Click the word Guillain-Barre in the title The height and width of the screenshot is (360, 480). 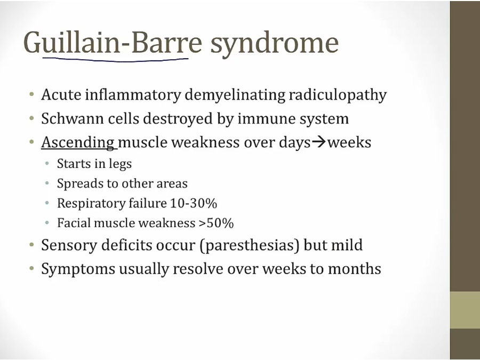[x=113, y=42]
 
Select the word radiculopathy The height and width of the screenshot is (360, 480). [x=338, y=95]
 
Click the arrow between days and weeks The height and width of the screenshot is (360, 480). [x=319, y=142]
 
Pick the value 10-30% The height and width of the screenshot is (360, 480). [x=194, y=203]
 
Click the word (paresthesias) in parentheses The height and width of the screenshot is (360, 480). [x=249, y=245]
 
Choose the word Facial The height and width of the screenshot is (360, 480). [x=74, y=223]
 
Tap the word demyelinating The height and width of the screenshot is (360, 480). [x=235, y=95]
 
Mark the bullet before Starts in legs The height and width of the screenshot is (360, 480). [x=47, y=164]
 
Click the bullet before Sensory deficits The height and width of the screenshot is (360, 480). [x=31, y=245]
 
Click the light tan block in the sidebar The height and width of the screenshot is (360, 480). [x=465, y=310]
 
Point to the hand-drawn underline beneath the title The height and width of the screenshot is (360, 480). [x=115, y=60]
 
